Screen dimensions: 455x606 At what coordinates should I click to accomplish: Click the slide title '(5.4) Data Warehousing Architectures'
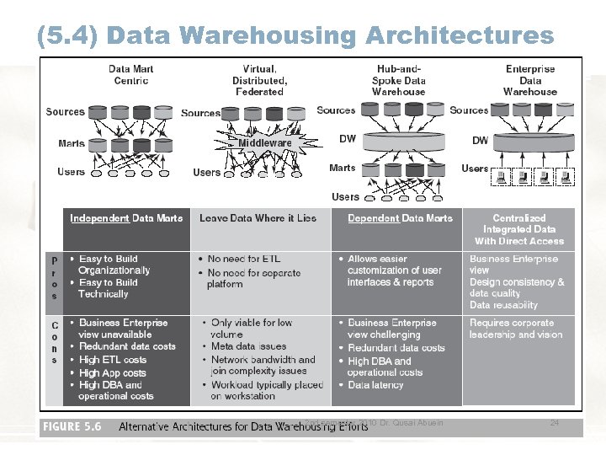click(x=295, y=35)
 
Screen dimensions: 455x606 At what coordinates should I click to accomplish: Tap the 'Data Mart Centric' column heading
click(x=130, y=75)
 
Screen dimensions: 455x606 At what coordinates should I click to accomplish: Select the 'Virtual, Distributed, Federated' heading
click(x=259, y=80)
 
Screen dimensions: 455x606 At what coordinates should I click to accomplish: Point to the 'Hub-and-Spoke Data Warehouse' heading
click(x=399, y=80)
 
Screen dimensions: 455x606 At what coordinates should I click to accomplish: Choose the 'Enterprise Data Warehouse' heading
click(x=530, y=80)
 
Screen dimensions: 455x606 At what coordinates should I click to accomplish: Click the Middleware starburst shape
click(x=264, y=143)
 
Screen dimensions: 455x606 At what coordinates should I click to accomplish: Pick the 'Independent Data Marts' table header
click(x=126, y=218)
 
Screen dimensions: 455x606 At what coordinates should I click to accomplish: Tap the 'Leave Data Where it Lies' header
click(x=258, y=218)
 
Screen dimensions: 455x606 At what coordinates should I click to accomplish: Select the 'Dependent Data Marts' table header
click(x=400, y=218)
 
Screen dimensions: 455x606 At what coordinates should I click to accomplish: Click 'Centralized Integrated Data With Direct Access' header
click(x=519, y=229)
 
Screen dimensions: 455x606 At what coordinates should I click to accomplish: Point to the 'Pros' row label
click(x=55, y=278)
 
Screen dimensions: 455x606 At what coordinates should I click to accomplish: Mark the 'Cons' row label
click(x=55, y=342)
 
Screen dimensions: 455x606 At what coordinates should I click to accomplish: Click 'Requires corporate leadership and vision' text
click(x=516, y=329)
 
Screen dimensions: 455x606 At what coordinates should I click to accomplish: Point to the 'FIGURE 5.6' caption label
click(x=72, y=426)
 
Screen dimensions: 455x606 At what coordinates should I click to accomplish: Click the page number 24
click(x=554, y=422)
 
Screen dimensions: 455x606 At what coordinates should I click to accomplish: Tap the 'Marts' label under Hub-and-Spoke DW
click(x=343, y=168)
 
